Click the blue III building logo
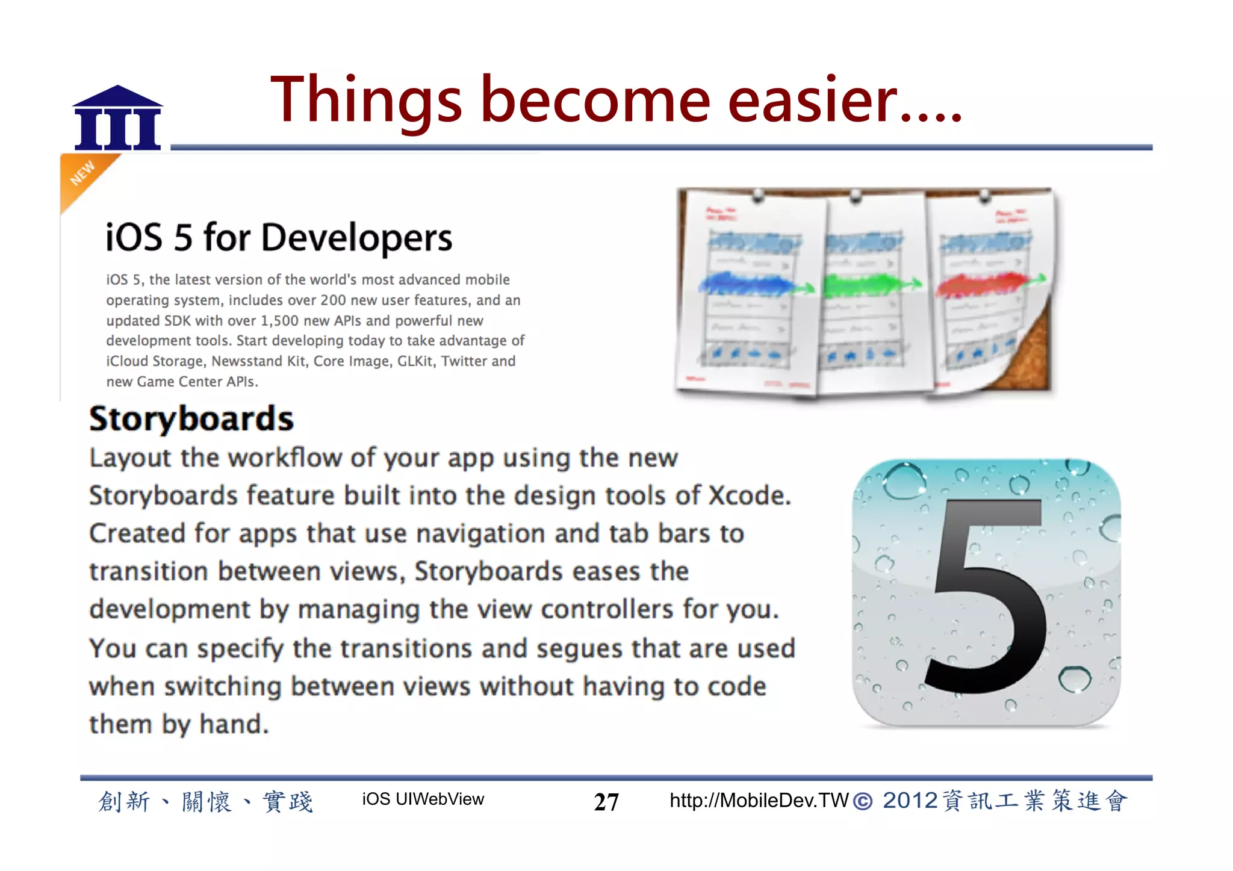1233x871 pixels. point(117,119)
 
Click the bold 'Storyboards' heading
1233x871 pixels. point(191,419)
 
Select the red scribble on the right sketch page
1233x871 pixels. point(982,284)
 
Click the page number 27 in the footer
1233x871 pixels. point(606,802)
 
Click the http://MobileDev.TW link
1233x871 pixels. point(759,801)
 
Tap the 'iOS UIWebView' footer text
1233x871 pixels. point(423,799)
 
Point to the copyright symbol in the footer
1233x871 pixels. point(863,802)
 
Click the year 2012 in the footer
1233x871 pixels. point(910,801)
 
